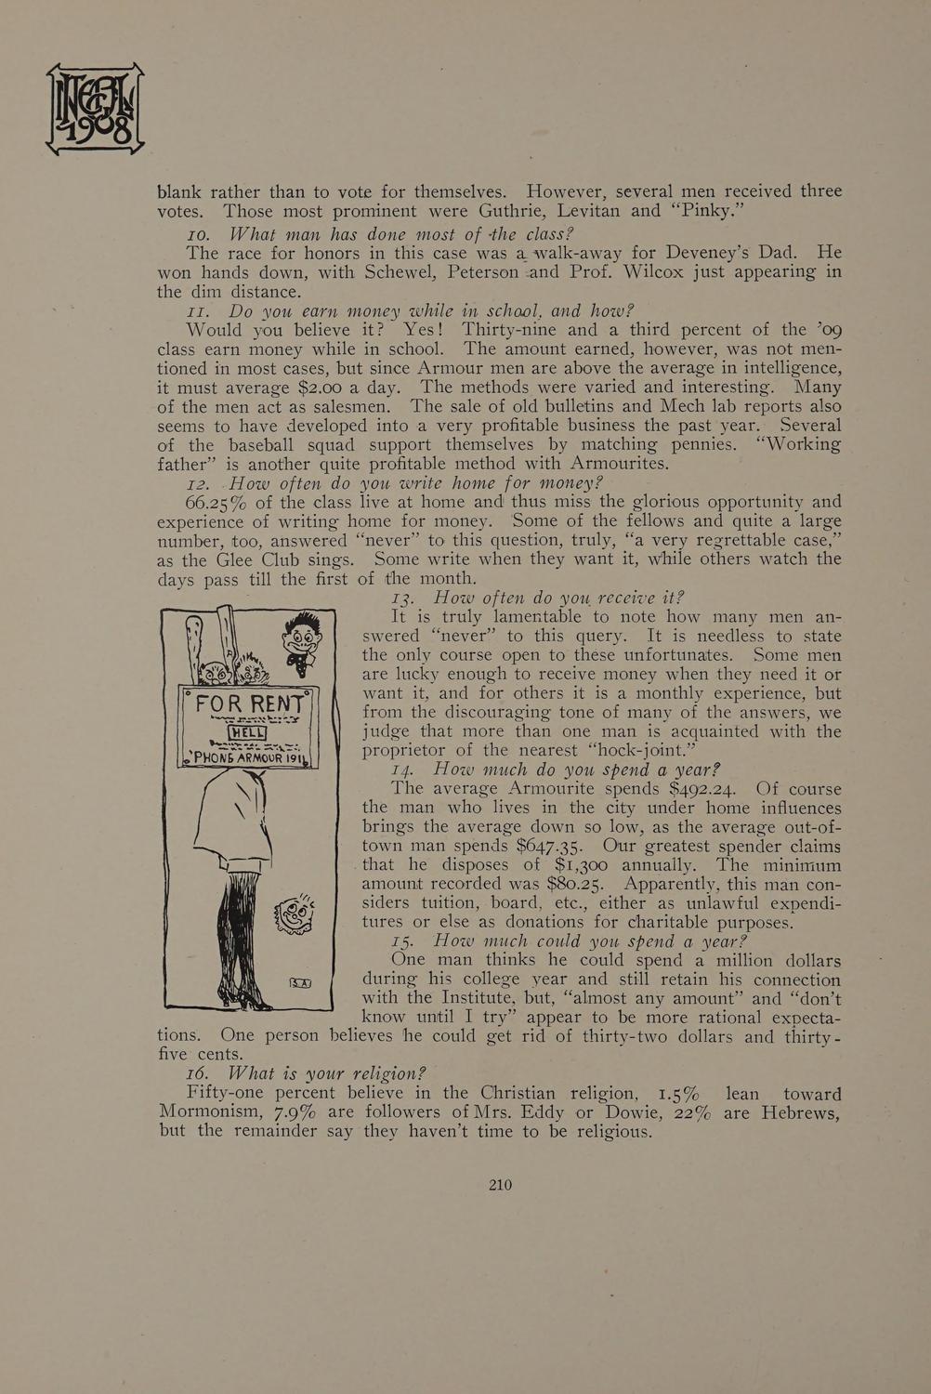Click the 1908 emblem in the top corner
(95, 108)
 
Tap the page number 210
(500, 1184)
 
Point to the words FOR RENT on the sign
(246, 704)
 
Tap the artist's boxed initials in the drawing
(300, 981)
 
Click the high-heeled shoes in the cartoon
(243, 997)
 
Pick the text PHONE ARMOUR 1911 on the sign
(248, 757)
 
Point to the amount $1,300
(583, 865)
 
